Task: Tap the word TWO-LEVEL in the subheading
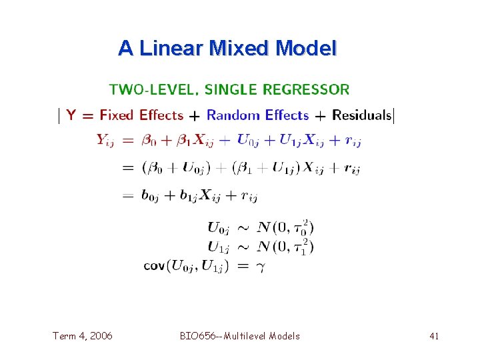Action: click(153, 89)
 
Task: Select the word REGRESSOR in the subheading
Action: click(307, 89)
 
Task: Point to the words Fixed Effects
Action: click(141, 115)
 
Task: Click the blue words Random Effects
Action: click(257, 115)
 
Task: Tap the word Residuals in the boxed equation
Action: click(362, 115)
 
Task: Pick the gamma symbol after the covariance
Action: click(261, 267)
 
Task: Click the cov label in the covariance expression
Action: click(154, 267)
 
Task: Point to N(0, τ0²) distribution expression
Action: click(285, 228)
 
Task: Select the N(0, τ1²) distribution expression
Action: click(285, 247)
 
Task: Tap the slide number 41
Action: click(434, 336)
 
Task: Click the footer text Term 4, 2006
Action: click(83, 336)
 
